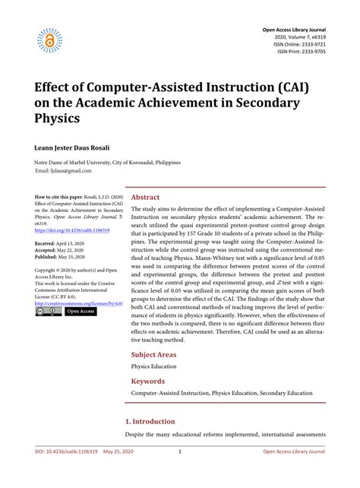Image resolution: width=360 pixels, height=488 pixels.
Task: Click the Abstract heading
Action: (146, 197)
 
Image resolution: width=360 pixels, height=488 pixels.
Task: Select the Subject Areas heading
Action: (155, 355)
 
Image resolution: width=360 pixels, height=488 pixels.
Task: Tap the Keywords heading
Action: (147, 381)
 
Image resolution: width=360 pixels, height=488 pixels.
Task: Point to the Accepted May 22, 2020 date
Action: (63, 250)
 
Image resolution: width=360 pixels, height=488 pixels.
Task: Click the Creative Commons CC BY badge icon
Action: (48, 311)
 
